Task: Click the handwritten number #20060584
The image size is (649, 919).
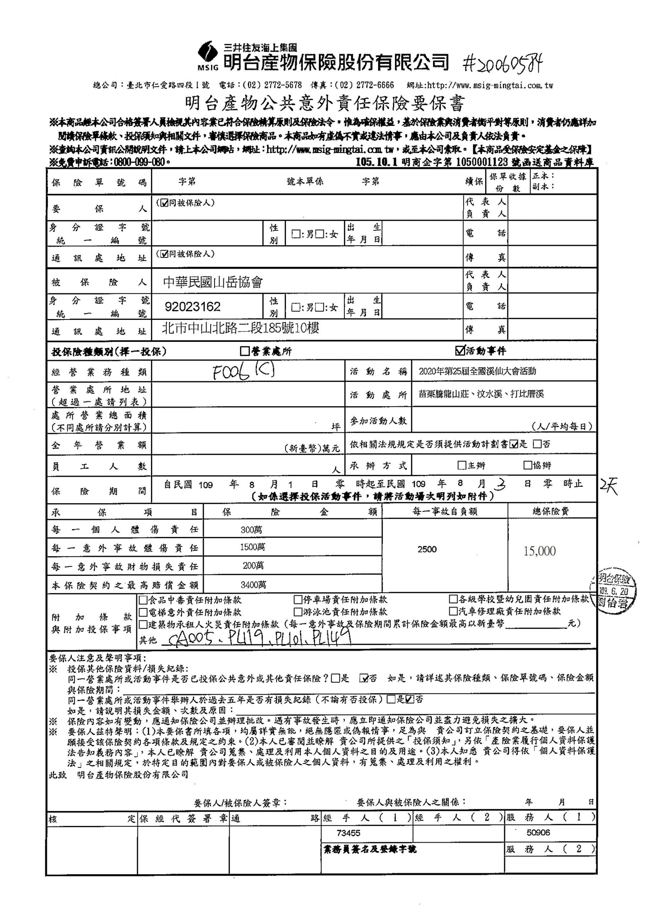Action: (x=502, y=63)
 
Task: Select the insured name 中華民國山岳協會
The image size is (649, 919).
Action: (x=213, y=282)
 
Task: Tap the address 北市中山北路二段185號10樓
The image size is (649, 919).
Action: (x=240, y=328)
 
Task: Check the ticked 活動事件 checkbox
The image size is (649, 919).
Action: (x=460, y=351)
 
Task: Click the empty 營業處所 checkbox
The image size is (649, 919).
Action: (x=244, y=351)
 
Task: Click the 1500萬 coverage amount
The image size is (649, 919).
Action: (x=252, y=547)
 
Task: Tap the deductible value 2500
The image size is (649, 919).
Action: (x=427, y=549)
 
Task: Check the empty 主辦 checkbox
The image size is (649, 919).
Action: (x=462, y=465)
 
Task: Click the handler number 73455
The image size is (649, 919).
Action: (x=348, y=833)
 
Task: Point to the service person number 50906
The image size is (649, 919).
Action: (x=538, y=832)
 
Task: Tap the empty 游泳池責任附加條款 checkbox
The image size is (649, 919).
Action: (x=298, y=612)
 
